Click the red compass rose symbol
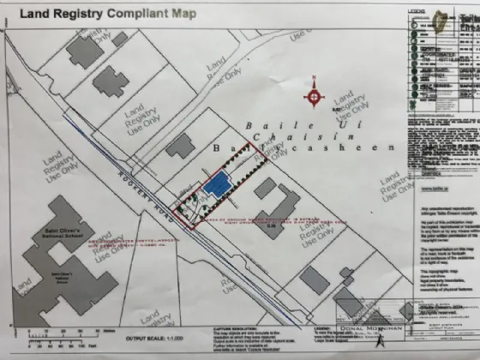click(315, 96)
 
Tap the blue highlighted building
click(217, 185)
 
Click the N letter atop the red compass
click(315, 81)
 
